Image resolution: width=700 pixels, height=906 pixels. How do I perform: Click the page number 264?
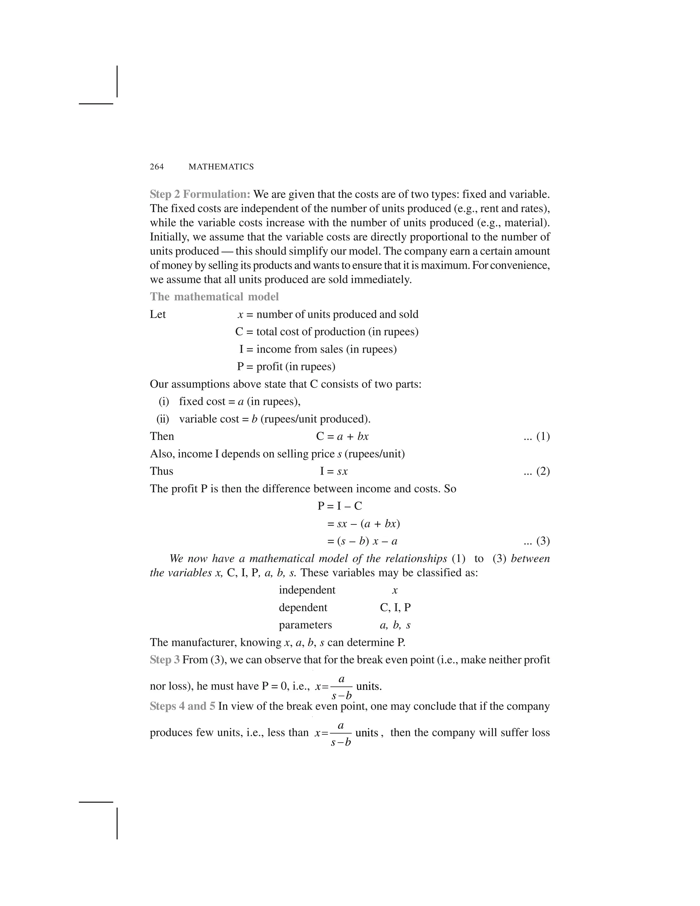157,167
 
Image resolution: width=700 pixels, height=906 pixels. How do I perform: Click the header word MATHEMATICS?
221,167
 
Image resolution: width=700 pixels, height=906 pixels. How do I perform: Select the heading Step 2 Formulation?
200,194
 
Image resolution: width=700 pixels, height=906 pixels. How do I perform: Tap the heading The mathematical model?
214,297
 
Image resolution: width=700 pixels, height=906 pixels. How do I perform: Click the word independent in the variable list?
307,590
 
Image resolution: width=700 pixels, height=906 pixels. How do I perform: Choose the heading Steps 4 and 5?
183,706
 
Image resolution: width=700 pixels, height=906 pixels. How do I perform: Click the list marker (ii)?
163,419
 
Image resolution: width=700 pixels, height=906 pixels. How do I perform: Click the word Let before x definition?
158,315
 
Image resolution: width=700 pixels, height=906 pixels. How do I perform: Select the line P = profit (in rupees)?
286,367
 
